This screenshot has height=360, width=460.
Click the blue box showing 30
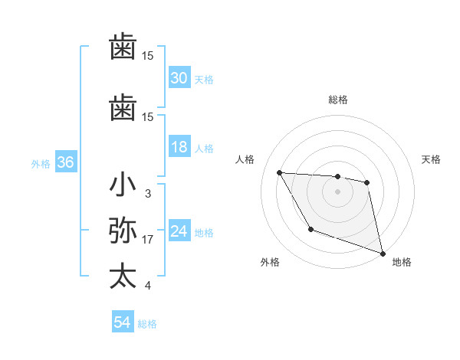pyautogui.click(x=179, y=78)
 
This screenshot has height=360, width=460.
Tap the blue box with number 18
pyautogui.click(x=179, y=148)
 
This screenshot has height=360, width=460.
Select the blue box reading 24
pyautogui.click(x=179, y=232)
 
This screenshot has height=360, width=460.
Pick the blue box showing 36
pyautogui.click(x=66, y=162)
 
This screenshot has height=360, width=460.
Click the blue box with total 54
pyautogui.click(x=123, y=323)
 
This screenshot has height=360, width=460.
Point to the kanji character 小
pyautogui.click(x=123, y=186)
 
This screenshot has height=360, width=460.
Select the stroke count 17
pyautogui.click(x=148, y=240)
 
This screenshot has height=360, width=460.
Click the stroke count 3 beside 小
pyautogui.click(x=147, y=195)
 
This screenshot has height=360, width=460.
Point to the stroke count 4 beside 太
pyautogui.click(x=147, y=286)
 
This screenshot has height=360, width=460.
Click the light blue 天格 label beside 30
pyautogui.click(x=204, y=79)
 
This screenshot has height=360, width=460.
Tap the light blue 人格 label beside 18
pyautogui.click(x=204, y=149)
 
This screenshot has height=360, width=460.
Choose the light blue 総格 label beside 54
pyautogui.click(x=147, y=324)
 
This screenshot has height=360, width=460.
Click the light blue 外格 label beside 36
pyautogui.click(x=41, y=163)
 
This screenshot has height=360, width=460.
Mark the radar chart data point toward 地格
pyautogui.click(x=384, y=254)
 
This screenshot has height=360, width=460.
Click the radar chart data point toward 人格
pyautogui.click(x=279, y=172)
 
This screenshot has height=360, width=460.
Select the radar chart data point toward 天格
pyautogui.click(x=367, y=182)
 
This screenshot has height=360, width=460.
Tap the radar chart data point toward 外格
pyautogui.click(x=310, y=229)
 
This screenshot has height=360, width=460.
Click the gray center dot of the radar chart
pyautogui.click(x=338, y=191)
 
